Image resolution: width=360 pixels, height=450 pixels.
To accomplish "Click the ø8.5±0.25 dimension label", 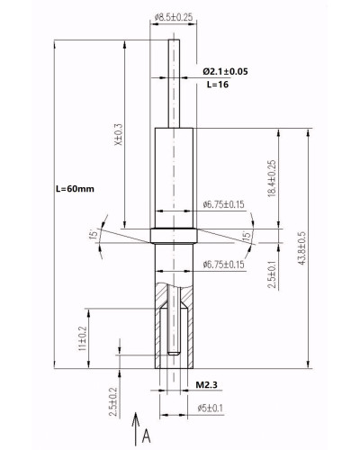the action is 174,17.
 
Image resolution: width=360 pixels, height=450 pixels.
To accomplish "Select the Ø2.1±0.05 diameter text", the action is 225,71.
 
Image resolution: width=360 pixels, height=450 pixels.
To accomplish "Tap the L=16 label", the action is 218,85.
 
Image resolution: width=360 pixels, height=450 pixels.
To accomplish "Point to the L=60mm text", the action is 75,189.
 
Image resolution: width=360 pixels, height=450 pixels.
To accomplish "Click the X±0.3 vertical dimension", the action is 119,134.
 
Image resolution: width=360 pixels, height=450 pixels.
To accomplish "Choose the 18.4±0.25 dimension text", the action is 272,178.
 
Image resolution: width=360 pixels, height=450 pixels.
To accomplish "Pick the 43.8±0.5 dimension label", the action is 301,247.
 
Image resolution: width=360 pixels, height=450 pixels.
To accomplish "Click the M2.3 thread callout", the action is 206,384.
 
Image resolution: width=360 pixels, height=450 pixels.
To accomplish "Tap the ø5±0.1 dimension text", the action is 211,408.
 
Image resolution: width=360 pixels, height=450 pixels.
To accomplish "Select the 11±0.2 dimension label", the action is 82,338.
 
